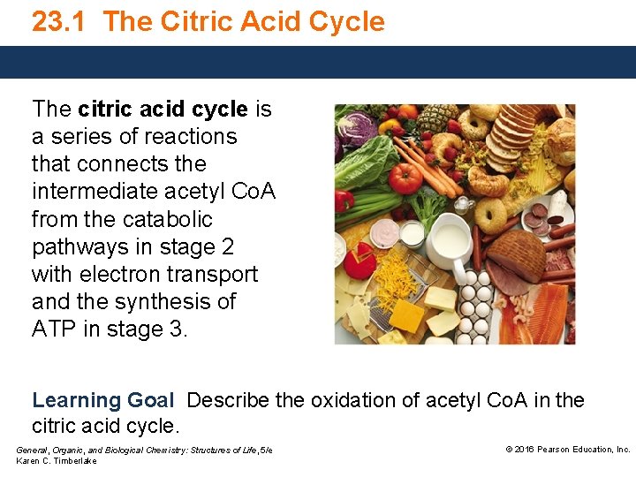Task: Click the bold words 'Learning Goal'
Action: pyautogui.click(x=103, y=401)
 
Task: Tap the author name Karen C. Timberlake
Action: pyautogui.click(x=57, y=461)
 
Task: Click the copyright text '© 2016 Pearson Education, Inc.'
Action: pyautogui.click(x=567, y=450)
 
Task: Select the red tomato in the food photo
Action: pyautogui.click(x=405, y=179)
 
